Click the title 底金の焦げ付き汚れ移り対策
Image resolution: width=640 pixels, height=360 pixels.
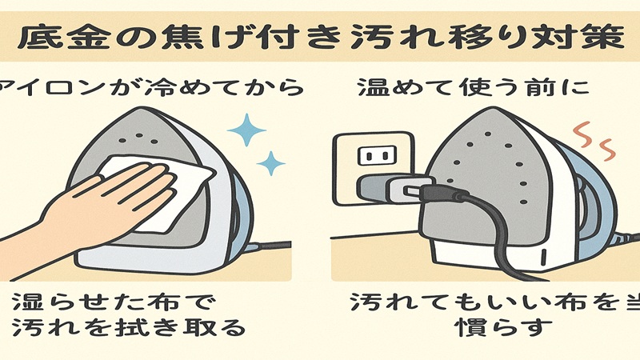(x=320, y=37)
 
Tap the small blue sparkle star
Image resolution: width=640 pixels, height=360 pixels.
(x=273, y=164)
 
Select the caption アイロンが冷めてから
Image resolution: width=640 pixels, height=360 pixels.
(x=152, y=86)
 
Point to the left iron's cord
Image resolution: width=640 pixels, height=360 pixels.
(x=272, y=246)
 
